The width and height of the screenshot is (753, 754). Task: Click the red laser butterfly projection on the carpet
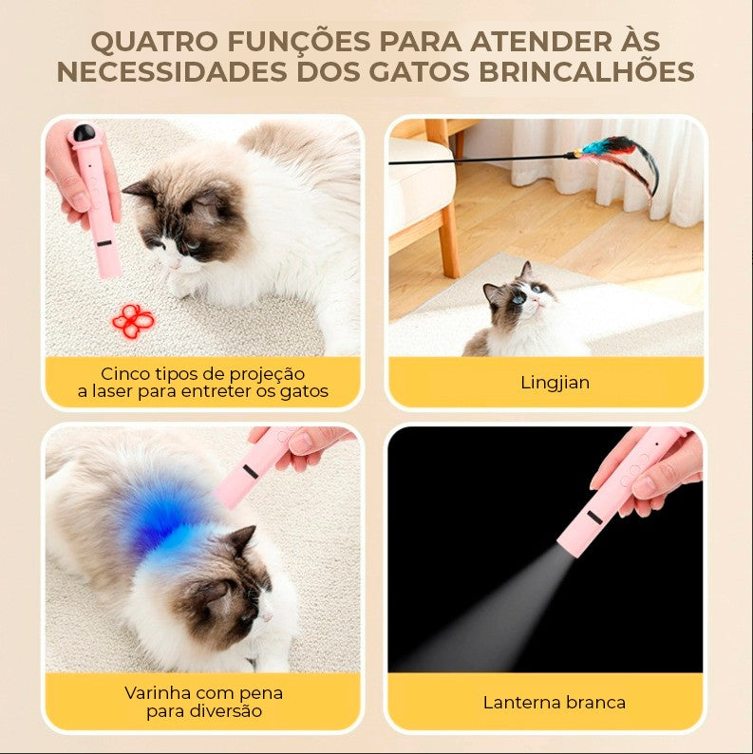[133, 320]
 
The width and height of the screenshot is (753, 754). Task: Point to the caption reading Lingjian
[555, 383]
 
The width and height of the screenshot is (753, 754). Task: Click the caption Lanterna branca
[555, 703]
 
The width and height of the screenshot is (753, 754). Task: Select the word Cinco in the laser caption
[126, 373]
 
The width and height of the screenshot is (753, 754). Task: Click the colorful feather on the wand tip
[617, 152]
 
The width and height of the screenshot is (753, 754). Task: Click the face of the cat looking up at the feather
[517, 297]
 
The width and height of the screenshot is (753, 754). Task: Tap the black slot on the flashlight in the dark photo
[594, 518]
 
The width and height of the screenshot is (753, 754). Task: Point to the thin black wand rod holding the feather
[475, 159]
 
